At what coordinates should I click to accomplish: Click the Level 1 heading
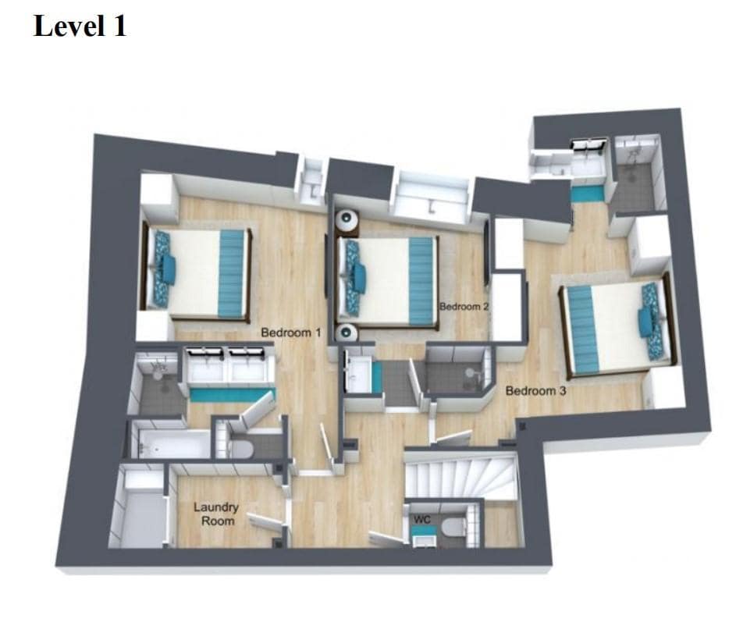80,26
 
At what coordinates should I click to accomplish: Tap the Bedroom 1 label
291,333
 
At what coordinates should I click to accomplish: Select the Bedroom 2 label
464,307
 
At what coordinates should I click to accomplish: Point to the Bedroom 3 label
535,390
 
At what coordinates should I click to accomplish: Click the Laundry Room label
216,514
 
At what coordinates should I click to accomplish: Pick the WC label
422,520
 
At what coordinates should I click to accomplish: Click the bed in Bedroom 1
197,272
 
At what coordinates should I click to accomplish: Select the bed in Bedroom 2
388,282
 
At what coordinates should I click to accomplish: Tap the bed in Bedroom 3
617,325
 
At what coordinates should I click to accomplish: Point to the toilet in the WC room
453,528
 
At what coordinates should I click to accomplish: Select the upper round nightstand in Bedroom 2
347,221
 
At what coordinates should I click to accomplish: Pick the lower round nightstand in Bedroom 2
346,333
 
